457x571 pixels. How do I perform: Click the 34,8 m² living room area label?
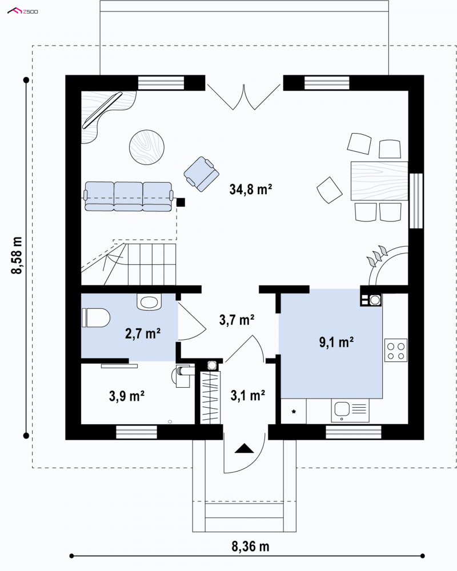tap(251, 190)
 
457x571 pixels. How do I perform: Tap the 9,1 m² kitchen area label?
tap(336, 342)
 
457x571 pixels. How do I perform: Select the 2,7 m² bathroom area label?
tap(143, 333)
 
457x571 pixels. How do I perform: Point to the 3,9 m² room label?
tap(126, 396)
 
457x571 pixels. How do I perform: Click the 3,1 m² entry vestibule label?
tap(248, 395)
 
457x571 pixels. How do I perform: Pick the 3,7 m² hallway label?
tap(236, 320)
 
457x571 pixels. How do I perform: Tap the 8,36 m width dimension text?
tap(250, 546)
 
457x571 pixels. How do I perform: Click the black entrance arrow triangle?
tap(244, 448)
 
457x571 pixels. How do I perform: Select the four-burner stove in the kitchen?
tap(395, 351)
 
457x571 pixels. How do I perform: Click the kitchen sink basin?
tap(342, 409)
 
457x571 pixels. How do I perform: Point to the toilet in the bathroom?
tap(95, 317)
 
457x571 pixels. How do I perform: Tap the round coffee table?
tap(146, 147)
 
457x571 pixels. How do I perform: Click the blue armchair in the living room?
tap(202, 174)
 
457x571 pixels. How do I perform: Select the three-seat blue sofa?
tap(129, 196)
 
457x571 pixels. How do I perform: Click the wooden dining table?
tap(379, 180)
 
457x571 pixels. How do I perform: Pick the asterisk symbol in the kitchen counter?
tap(294, 412)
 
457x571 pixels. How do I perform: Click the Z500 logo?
tap(23, 11)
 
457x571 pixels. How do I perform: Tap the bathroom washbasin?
tap(149, 302)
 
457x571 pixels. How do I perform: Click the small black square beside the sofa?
tap(181, 202)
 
